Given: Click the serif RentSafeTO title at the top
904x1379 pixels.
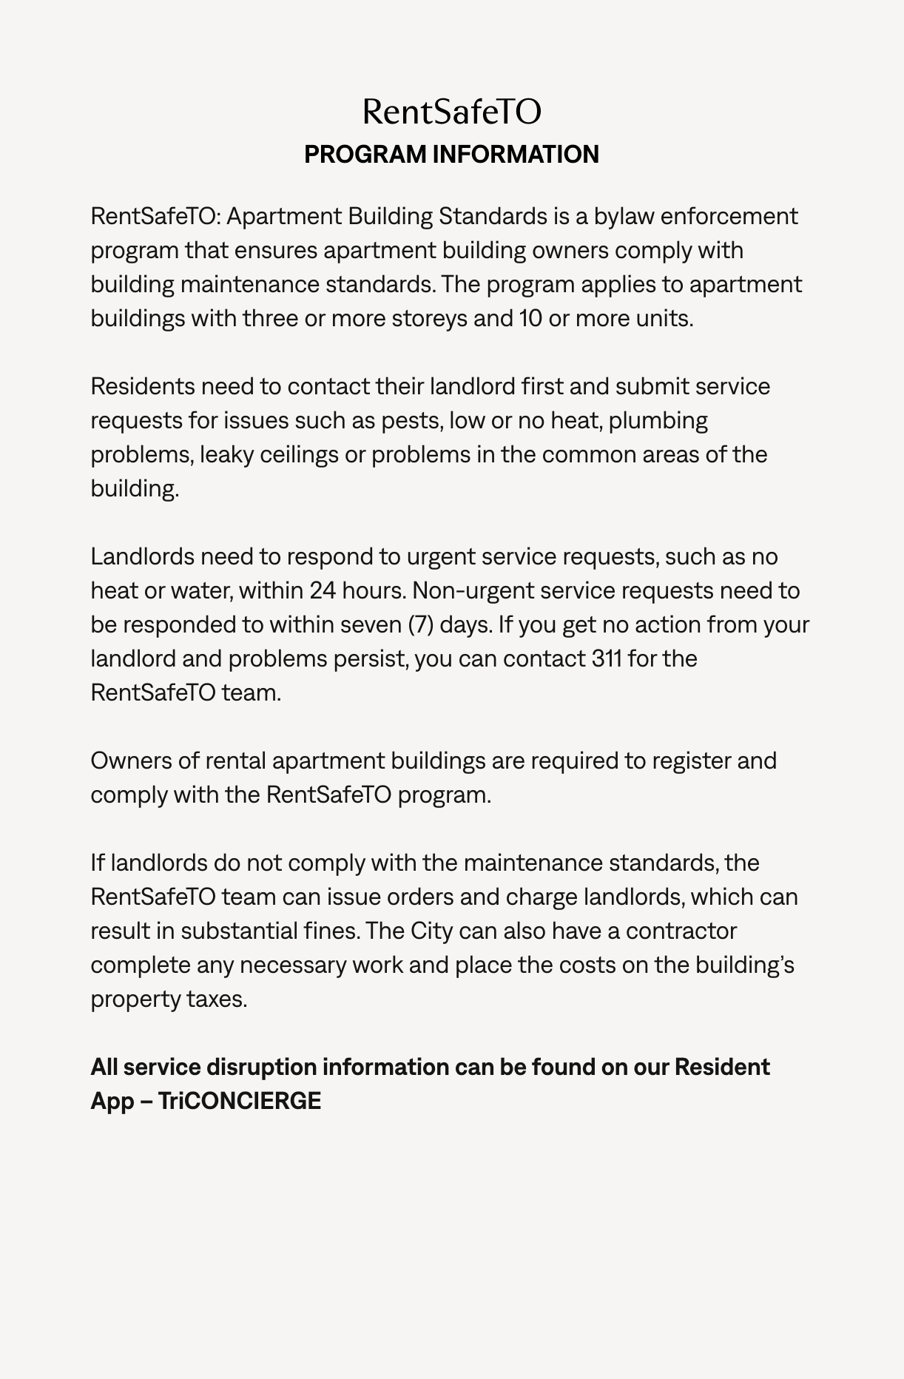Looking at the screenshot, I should click(452, 112).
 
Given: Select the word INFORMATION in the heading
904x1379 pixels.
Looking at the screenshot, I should click(516, 154).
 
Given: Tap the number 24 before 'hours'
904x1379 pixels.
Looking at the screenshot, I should click(323, 590).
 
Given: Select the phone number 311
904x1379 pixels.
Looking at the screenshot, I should click(607, 658).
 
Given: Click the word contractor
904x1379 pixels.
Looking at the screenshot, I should click(681, 931).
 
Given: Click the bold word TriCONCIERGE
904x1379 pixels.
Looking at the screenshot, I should click(240, 1101).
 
